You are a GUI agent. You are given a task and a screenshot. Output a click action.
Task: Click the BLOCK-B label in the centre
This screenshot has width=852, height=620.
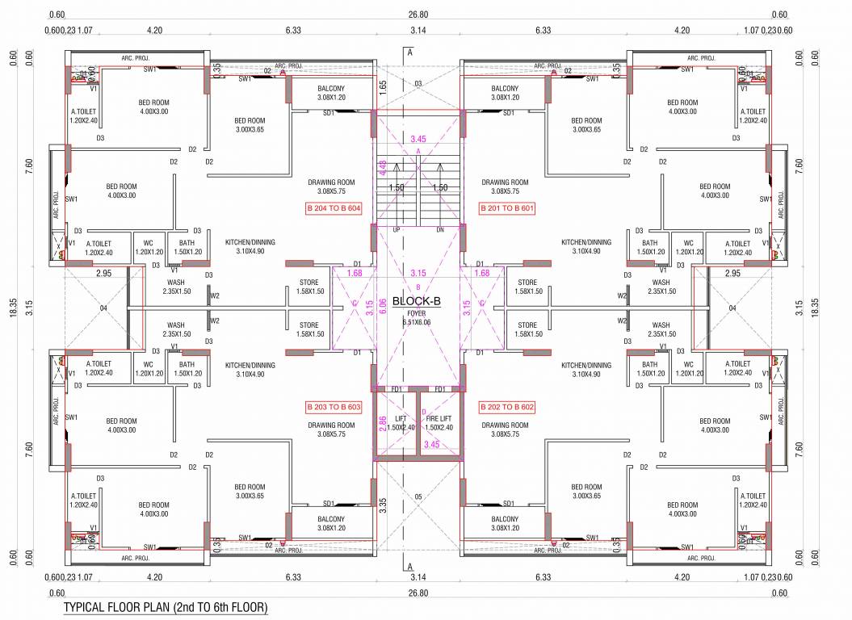click(417, 301)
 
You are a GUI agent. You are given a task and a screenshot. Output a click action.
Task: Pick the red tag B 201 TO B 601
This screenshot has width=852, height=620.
click(506, 208)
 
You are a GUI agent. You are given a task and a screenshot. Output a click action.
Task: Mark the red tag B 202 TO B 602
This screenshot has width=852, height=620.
click(506, 406)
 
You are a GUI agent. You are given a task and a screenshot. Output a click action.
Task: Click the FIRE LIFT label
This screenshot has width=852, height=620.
click(439, 417)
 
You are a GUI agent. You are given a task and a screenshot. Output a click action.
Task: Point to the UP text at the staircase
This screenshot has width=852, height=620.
click(396, 230)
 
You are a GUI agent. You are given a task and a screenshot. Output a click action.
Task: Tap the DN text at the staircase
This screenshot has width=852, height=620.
click(439, 230)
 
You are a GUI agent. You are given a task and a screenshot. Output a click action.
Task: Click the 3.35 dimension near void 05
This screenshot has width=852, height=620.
click(383, 505)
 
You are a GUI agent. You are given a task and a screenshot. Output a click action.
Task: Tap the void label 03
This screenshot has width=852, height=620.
click(418, 84)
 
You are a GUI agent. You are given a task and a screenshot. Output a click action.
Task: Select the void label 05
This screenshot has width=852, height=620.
click(418, 496)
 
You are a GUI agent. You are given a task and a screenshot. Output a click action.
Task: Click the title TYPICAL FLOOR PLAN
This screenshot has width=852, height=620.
click(165, 606)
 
